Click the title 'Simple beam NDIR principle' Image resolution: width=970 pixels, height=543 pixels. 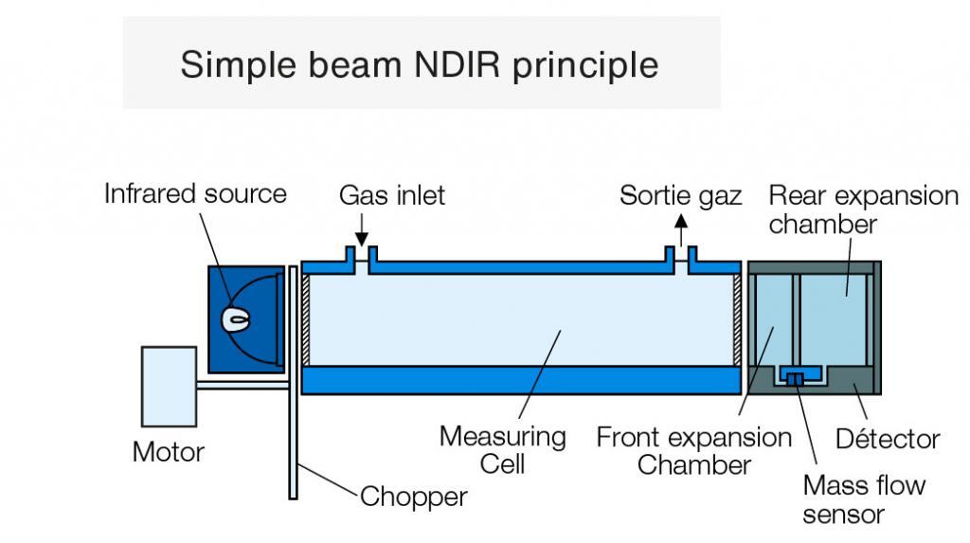(419, 64)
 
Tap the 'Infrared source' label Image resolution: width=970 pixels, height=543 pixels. (195, 194)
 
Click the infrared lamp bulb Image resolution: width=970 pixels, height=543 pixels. (235, 320)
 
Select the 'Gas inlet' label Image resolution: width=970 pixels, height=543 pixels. (391, 195)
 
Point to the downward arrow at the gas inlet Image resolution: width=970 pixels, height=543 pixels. (360, 233)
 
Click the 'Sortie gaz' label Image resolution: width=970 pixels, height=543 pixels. (680, 195)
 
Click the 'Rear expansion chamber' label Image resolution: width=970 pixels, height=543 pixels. (862, 209)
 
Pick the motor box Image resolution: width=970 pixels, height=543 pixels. (169, 385)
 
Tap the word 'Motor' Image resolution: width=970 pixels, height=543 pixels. (168, 451)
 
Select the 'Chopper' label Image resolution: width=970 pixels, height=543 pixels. (413, 496)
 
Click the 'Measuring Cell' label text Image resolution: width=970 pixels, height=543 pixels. (502, 450)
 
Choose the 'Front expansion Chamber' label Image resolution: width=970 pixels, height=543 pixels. (693, 451)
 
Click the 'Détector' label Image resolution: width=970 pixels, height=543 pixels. (888, 439)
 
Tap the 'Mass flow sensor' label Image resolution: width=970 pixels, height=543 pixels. (863, 499)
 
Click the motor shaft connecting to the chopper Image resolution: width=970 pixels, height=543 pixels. (242, 385)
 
